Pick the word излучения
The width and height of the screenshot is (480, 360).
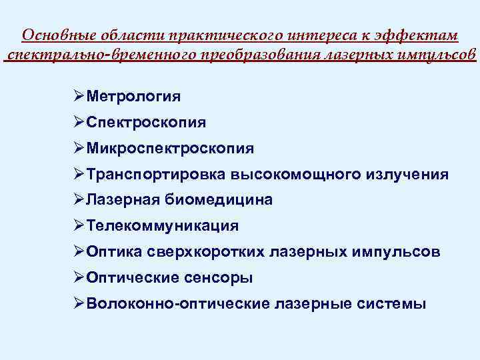tap(407, 175)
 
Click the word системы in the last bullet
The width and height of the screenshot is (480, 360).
tap(396, 304)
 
